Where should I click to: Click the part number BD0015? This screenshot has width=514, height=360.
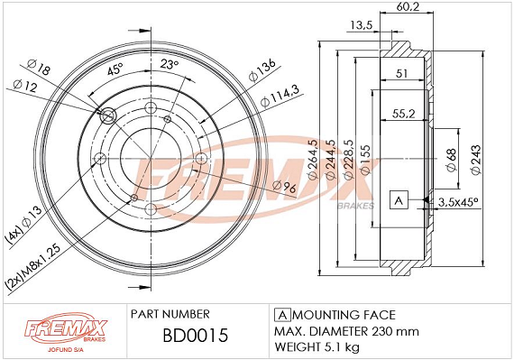(196, 336)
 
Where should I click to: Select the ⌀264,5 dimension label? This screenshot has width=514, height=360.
(313, 159)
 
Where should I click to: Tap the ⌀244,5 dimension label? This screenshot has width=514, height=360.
(330, 159)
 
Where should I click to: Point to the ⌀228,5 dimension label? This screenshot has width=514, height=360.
(348, 159)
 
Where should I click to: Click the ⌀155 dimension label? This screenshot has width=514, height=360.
(365, 160)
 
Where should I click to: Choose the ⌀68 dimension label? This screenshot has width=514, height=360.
(452, 160)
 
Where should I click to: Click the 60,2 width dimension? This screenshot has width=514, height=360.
(408, 6)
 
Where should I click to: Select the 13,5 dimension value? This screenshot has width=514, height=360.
(362, 25)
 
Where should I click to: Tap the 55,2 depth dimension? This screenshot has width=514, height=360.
(403, 114)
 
